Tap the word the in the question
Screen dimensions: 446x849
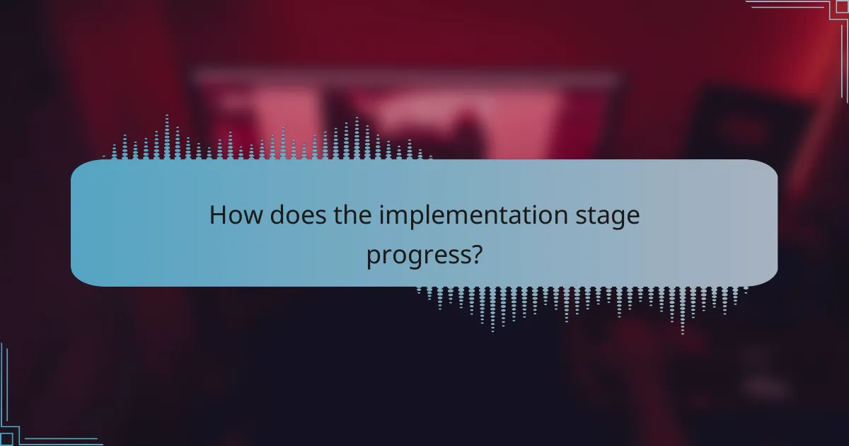[x=353, y=216]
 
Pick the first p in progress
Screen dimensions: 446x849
[x=372, y=257]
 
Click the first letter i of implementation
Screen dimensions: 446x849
[x=381, y=216]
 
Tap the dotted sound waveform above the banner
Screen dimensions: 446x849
[x=269, y=142]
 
